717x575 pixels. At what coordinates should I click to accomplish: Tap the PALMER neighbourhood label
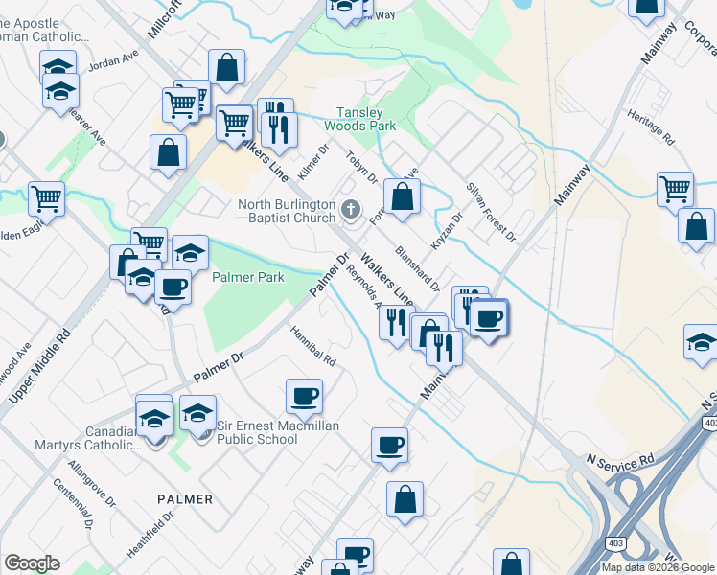coord(186,499)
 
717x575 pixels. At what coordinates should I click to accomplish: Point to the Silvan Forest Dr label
coord(491,211)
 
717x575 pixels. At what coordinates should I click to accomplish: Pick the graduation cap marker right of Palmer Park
coord(190,253)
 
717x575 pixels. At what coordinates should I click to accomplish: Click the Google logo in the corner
coord(32,563)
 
